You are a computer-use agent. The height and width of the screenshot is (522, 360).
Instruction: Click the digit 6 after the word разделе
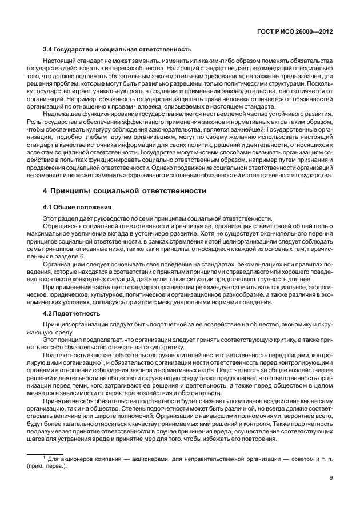click(x=82, y=256)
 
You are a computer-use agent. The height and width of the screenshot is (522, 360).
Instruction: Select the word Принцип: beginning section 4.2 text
click(x=57, y=324)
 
